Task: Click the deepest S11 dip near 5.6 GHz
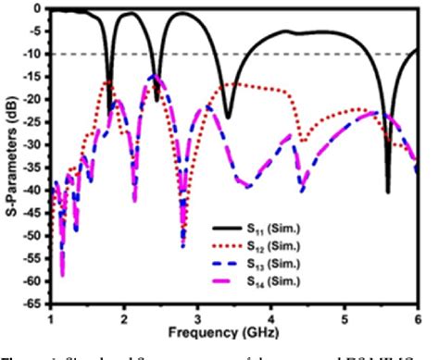(388, 191)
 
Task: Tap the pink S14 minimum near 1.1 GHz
(62, 274)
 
